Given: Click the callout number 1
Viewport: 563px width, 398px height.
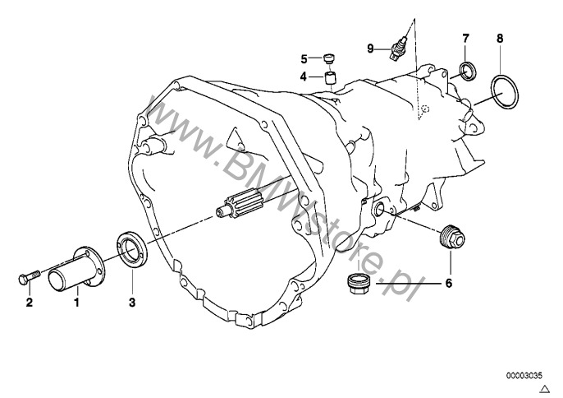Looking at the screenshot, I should [77, 303].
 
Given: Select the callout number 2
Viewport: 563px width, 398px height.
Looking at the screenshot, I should [29, 303].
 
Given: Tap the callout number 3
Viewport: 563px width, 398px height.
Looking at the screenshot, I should [131, 303].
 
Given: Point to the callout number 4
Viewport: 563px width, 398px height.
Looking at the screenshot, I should [303, 76].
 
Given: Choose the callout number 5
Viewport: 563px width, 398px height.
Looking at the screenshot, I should [303, 59].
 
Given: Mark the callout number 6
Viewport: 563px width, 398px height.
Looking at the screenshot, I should [448, 285].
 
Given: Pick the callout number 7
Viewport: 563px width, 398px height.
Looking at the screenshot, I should [465, 39].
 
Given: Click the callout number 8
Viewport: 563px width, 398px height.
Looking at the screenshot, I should [500, 39].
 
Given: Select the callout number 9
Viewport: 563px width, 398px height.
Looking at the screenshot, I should [370, 49].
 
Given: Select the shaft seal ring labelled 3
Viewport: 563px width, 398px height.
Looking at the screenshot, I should [129, 248].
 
